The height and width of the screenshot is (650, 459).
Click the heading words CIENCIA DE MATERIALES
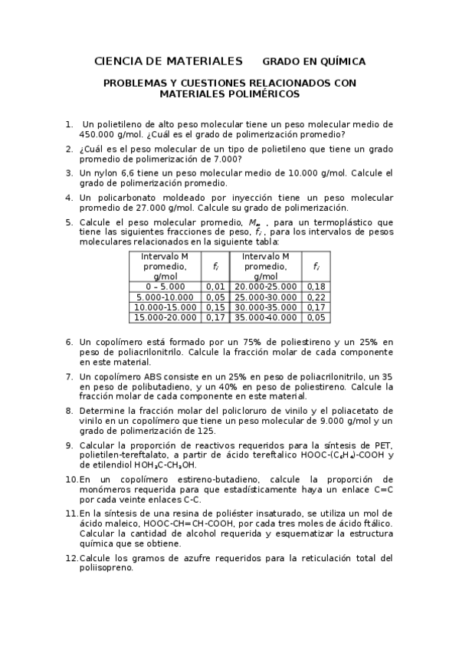[168, 61]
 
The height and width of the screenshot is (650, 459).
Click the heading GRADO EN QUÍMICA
[314, 61]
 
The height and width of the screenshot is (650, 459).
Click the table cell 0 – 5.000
[165, 287]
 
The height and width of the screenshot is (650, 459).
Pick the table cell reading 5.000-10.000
[165, 297]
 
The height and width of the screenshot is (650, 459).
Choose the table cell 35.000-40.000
[265, 317]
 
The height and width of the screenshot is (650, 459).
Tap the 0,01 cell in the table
[215, 287]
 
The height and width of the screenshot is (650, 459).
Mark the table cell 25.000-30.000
[265, 297]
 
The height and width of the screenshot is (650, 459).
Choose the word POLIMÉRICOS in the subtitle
[268, 94]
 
